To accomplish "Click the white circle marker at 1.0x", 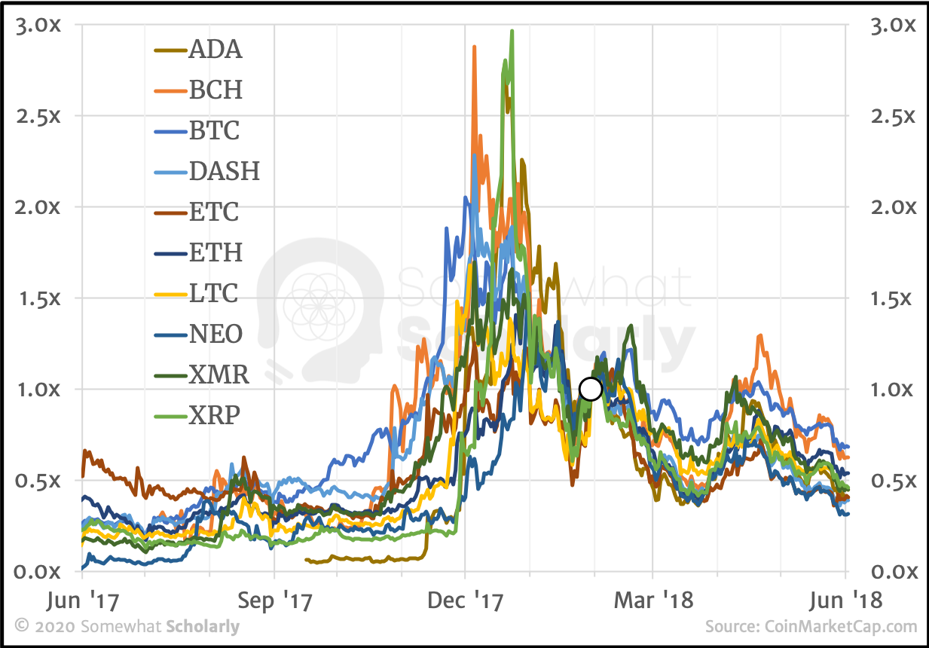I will coord(591,390).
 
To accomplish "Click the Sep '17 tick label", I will coord(274,603).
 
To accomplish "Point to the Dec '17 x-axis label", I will coord(466,603).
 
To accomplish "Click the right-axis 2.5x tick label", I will coord(891,116).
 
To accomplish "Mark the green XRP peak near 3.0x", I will coord(512,32).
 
